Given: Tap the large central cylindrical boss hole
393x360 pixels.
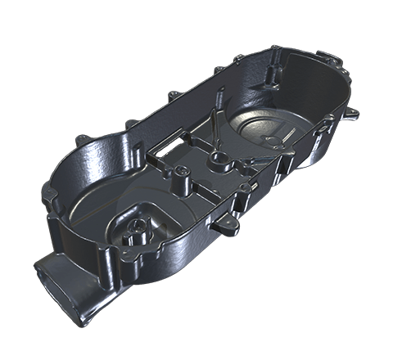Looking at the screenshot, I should (219, 157).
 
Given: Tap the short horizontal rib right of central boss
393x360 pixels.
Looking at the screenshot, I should (246, 164).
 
